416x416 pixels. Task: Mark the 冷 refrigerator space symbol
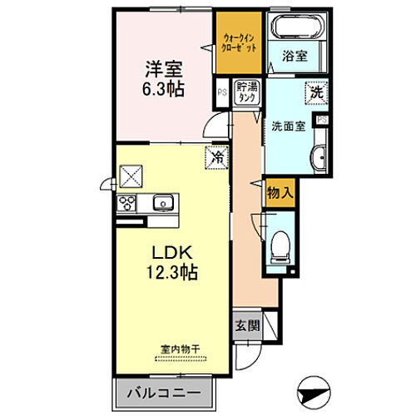[x=215, y=156]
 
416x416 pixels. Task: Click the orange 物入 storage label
[x=279, y=193]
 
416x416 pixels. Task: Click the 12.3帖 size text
[x=173, y=271]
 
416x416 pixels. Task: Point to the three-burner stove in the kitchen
[x=128, y=202]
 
